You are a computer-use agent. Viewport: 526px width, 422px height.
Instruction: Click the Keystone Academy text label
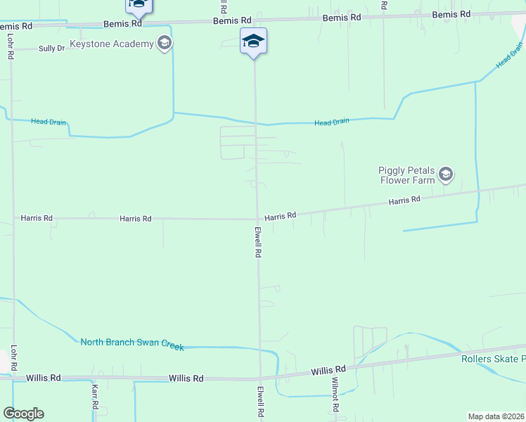(111, 44)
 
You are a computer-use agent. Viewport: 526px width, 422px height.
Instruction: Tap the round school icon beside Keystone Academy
(165, 44)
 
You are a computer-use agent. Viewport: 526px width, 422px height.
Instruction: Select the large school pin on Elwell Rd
(253, 41)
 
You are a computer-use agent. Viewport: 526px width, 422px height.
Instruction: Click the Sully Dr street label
(51, 49)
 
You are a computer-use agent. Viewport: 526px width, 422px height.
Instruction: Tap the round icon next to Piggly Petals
(445, 174)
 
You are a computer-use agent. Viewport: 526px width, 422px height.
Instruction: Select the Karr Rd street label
(94, 397)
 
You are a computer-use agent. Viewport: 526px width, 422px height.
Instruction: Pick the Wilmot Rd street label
(335, 398)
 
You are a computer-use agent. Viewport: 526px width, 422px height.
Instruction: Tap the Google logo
(23, 414)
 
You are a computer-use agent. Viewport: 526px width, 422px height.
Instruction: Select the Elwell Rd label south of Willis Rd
(260, 403)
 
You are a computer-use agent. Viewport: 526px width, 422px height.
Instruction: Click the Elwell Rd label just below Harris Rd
(259, 242)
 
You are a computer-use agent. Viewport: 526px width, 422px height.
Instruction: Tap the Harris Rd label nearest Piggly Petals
(404, 201)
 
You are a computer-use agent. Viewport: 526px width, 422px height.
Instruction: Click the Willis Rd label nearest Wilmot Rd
(329, 370)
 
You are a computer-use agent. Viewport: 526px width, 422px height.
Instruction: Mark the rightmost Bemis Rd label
(451, 15)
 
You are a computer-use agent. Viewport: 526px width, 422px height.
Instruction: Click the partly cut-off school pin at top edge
(139, 6)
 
